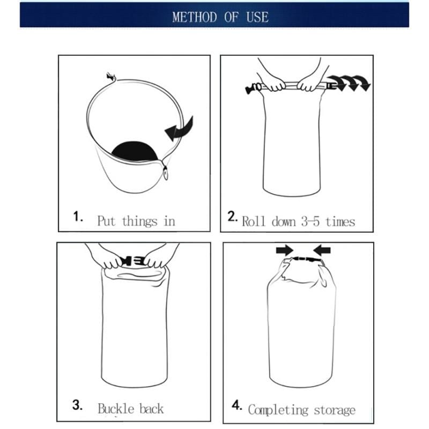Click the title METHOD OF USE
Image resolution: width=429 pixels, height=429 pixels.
(x=220, y=17)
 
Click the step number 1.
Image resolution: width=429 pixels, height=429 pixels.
(x=78, y=218)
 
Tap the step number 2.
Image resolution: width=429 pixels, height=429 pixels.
(x=232, y=217)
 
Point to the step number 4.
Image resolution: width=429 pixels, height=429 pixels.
(x=236, y=406)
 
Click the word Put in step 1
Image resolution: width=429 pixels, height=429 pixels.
(x=107, y=220)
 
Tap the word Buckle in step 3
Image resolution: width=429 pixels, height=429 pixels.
(x=115, y=409)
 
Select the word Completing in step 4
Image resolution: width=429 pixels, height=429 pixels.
(x=278, y=410)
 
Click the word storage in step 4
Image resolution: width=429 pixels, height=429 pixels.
(x=334, y=411)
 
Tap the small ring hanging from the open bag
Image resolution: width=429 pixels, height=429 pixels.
(x=166, y=173)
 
